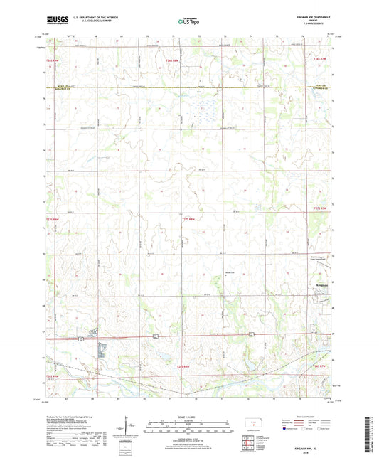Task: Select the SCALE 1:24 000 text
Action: point(189,417)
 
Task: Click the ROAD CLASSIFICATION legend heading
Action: point(306,416)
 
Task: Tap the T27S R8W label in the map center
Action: point(186,219)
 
